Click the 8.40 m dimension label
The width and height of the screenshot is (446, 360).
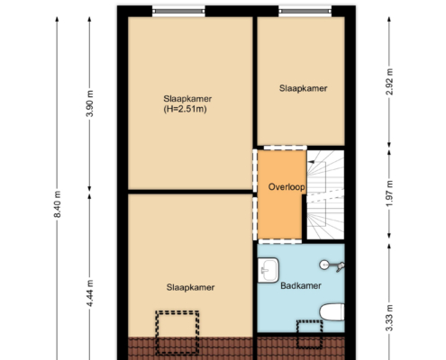(58, 204)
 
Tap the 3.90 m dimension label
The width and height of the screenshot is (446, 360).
(90, 103)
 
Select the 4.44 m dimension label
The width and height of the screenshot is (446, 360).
(90, 293)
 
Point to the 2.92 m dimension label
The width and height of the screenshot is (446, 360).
(389, 82)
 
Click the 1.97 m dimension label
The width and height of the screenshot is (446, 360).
(389, 193)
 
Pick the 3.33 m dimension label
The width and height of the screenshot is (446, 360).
(389, 318)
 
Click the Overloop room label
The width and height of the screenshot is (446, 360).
(287, 187)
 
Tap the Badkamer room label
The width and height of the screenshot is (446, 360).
(301, 285)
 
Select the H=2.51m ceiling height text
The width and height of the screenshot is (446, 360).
(185, 109)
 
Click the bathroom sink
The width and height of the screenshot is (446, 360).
(269, 270)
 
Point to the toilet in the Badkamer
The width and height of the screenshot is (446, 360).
(332, 312)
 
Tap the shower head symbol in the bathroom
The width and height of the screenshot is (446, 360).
(332, 265)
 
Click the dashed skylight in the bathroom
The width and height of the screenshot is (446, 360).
(310, 335)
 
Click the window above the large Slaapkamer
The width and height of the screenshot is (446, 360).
(178, 12)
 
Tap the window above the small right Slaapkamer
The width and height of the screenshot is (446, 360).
(305, 12)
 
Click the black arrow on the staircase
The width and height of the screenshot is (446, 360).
(312, 162)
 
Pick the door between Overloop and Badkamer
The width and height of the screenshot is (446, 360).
(280, 241)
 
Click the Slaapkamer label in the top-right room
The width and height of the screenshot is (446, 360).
(303, 88)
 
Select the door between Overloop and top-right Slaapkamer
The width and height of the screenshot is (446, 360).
(286, 148)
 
